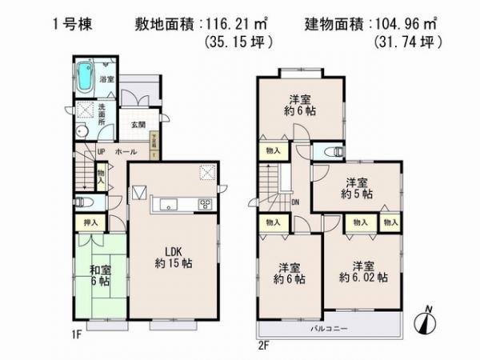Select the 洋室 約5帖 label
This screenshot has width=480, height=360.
click(x=359, y=187)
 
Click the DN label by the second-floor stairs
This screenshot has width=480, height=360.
click(x=295, y=202)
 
